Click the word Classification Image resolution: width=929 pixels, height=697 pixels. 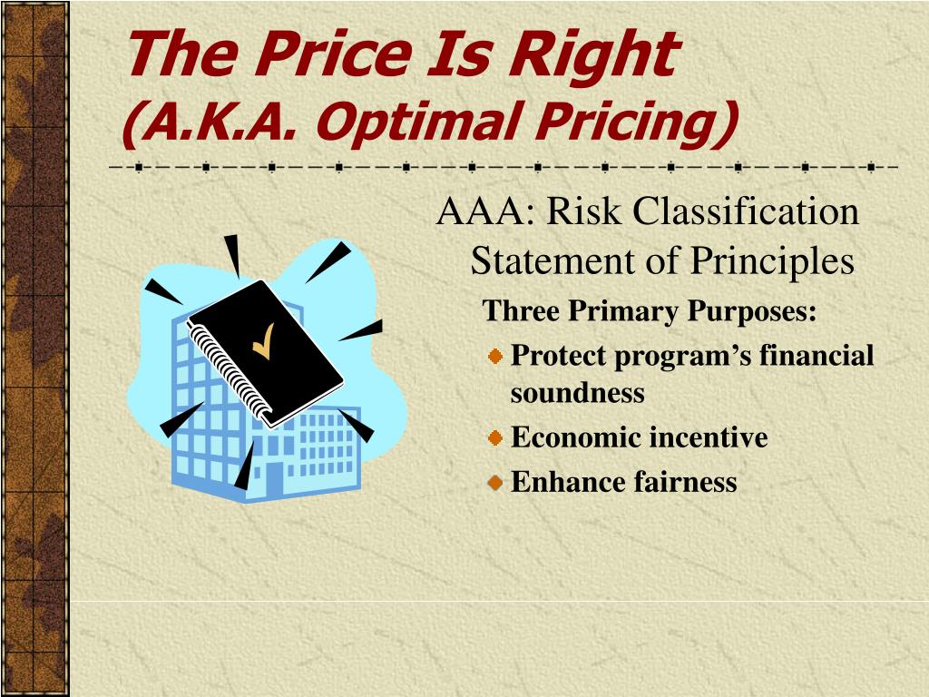click(x=746, y=211)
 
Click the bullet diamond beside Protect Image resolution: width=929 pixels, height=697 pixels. click(x=495, y=357)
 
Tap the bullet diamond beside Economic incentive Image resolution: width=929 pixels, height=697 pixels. click(x=495, y=438)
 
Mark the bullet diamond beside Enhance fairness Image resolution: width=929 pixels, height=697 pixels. click(x=495, y=483)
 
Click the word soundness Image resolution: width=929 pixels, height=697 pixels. click(x=577, y=393)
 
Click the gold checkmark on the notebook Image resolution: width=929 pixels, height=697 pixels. click(x=264, y=341)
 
